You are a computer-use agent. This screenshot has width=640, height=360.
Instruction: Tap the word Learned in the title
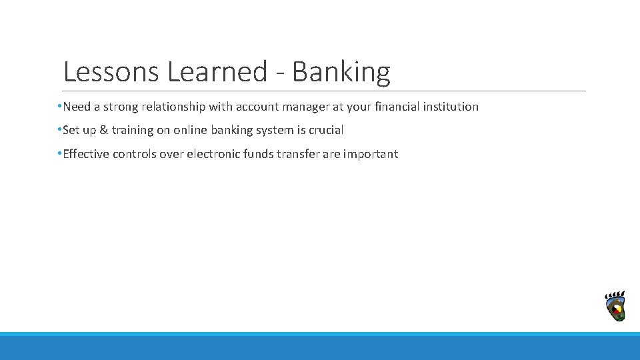click(x=217, y=71)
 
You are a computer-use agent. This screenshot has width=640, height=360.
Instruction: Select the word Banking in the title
click(x=341, y=71)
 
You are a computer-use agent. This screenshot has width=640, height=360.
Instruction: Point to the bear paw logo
click(x=615, y=307)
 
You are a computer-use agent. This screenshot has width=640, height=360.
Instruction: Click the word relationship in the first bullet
click(x=173, y=107)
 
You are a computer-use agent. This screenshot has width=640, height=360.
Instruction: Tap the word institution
click(x=451, y=107)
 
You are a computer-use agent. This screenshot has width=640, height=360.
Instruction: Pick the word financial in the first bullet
click(x=397, y=107)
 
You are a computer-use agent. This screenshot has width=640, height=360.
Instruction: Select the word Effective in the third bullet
click(x=86, y=154)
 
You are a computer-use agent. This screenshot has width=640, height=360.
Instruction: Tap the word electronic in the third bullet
click(x=213, y=154)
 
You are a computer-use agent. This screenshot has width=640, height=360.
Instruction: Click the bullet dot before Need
click(x=59, y=107)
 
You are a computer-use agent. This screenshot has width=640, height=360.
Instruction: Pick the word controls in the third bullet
click(x=135, y=154)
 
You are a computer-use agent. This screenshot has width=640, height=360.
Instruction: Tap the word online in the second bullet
click(x=191, y=130)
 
